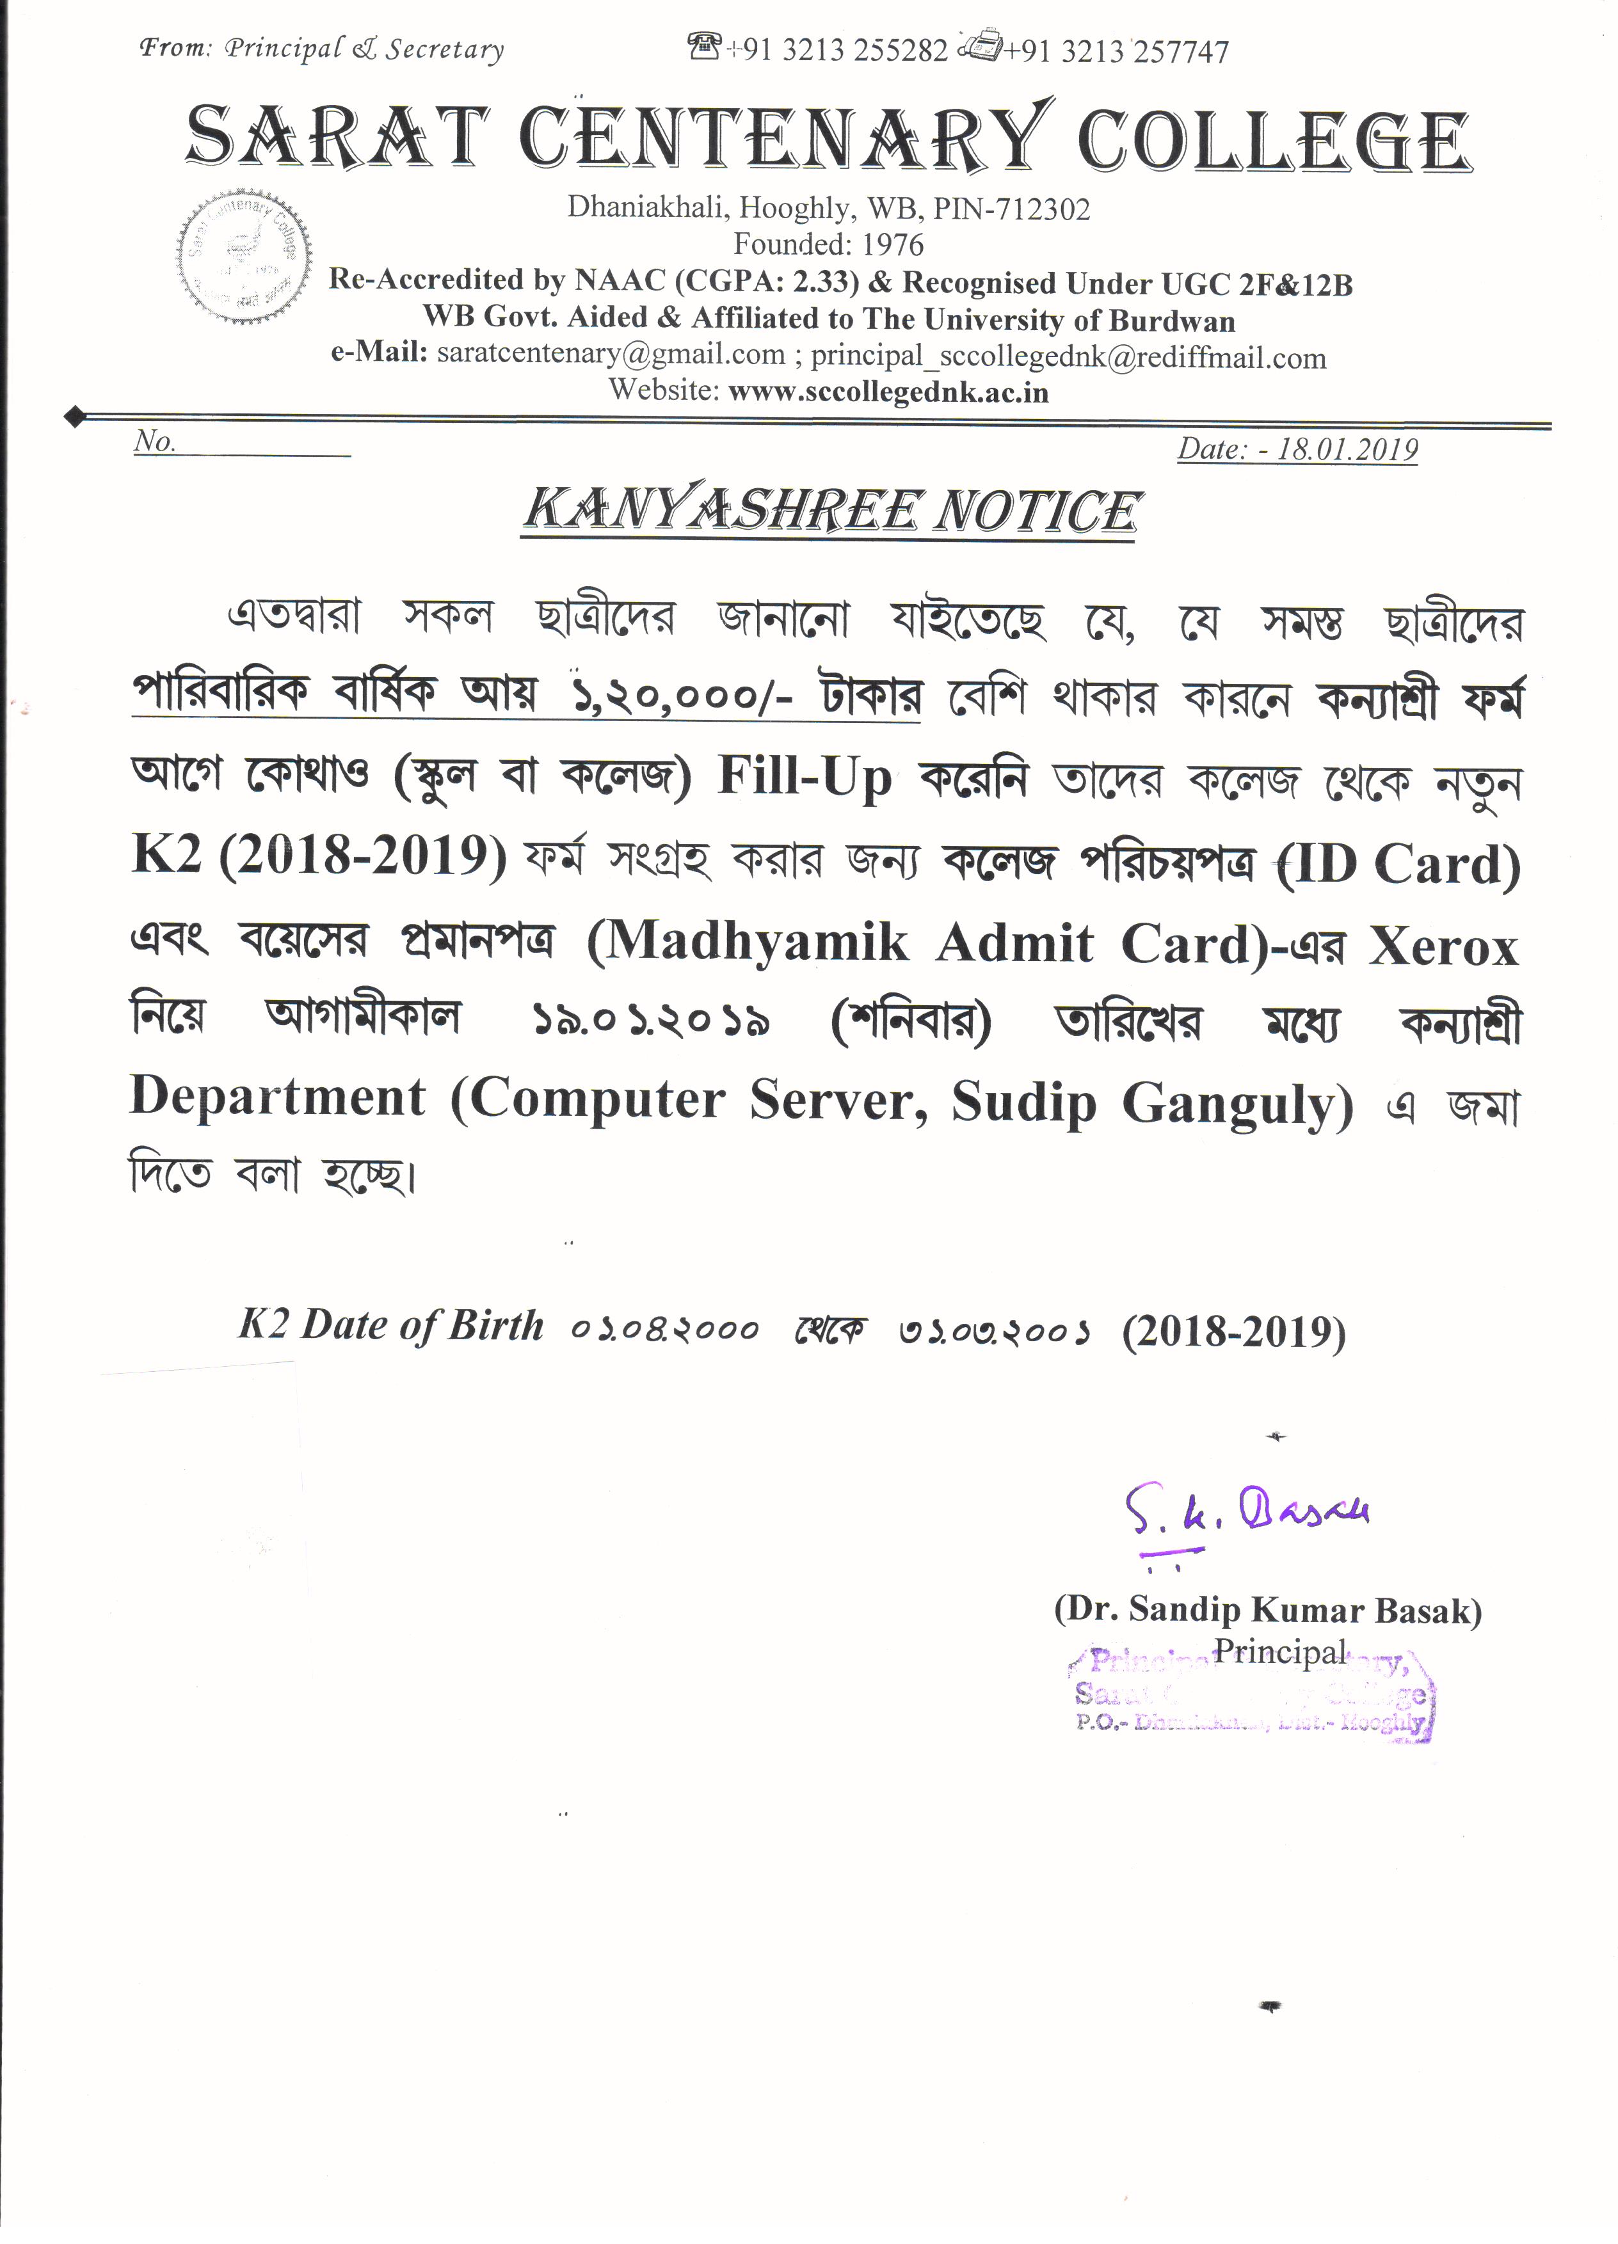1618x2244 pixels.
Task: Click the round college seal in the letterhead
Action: (x=244, y=255)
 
